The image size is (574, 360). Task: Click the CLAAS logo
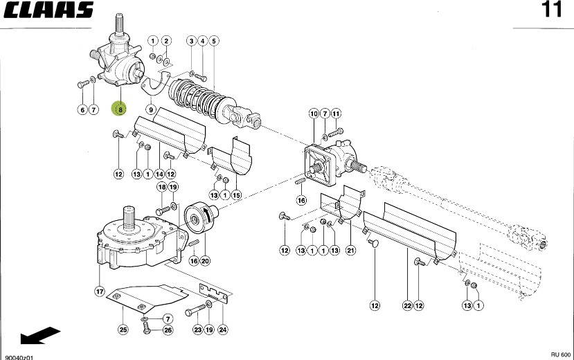click(48, 10)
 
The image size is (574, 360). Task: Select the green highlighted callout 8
click(120, 109)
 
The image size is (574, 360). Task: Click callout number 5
click(214, 42)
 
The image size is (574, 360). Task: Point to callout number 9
click(150, 109)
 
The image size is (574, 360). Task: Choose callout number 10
click(313, 114)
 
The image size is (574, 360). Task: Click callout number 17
click(100, 291)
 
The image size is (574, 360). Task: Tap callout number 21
click(350, 249)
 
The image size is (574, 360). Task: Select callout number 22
click(407, 305)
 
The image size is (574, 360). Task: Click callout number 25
click(123, 330)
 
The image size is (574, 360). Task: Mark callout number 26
click(168, 330)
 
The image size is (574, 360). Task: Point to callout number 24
click(222, 330)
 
